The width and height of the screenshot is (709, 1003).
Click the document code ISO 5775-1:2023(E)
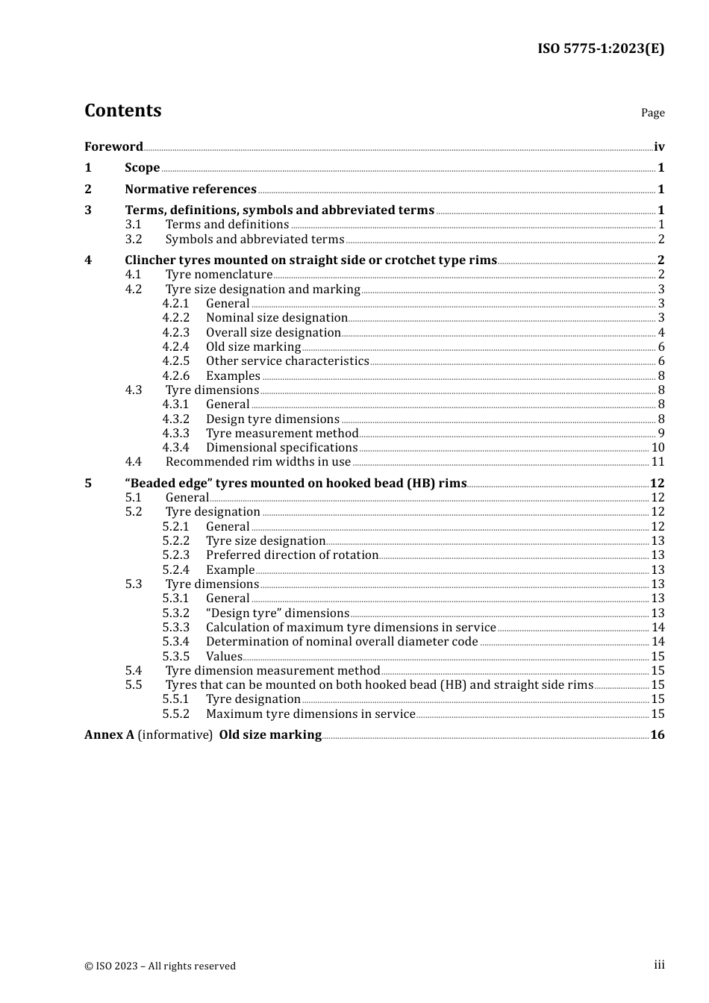point(600,49)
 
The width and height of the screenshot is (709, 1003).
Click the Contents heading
point(122,110)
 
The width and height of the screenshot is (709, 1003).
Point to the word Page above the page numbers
point(652,113)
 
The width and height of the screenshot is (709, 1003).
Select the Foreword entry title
point(113,146)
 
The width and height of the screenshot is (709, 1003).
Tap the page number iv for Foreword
point(659,146)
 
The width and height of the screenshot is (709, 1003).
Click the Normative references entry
point(190,189)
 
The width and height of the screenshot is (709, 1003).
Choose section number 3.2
point(134,239)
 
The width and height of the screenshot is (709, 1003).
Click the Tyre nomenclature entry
point(219,275)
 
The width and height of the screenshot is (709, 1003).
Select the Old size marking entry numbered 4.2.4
point(253,347)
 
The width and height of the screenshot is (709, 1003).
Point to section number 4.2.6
point(176,375)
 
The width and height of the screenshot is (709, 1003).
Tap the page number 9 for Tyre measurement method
point(661,433)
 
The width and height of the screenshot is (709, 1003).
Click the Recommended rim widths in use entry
point(257,462)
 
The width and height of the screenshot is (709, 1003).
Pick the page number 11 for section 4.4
point(658,462)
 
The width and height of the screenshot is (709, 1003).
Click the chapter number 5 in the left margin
point(88,483)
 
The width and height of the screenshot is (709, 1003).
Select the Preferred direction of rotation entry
point(292,555)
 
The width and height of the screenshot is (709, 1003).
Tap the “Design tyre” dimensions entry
point(278,613)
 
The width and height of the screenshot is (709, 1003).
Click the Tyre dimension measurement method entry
point(272,670)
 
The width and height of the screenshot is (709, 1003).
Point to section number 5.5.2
point(176,713)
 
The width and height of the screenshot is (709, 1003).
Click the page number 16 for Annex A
point(658,734)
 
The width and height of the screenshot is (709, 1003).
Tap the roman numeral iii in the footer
point(659,965)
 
